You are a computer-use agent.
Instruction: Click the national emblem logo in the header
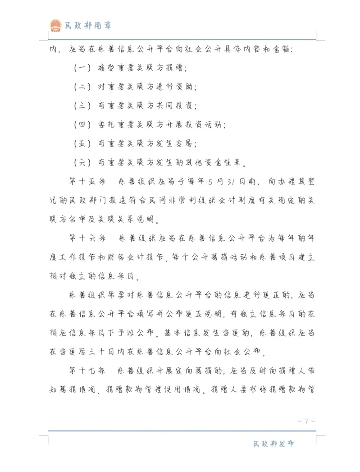coord(56,25)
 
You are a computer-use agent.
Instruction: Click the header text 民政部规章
coord(88,26)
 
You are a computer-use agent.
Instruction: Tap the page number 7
coord(306,422)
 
